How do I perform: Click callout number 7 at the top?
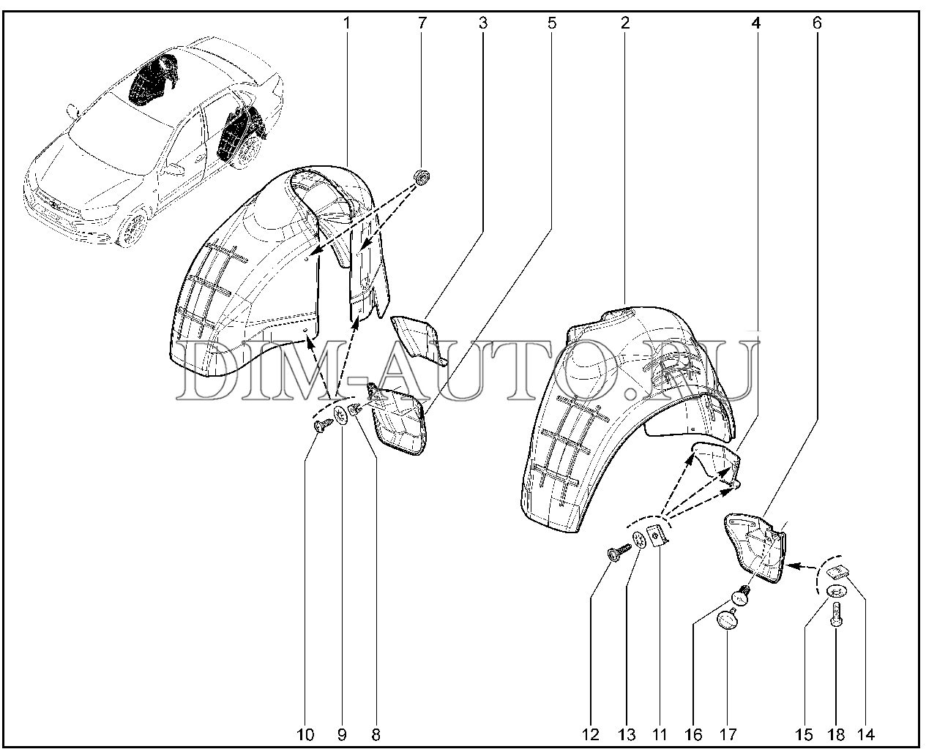click(422, 23)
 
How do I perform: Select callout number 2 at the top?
click(625, 23)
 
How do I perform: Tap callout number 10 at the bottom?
click(305, 734)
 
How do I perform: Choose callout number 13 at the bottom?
click(627, 734)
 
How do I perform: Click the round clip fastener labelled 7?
click(422, 177)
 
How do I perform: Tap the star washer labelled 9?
click(341, 415)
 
